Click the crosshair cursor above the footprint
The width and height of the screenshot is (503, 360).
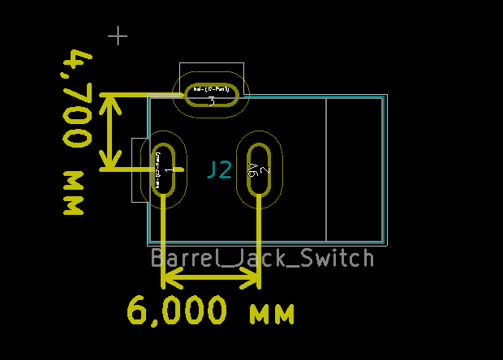(x=118, y=36)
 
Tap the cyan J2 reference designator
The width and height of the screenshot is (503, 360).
(x=219, y=169)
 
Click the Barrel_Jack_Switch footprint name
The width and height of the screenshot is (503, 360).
(x=262, y=259)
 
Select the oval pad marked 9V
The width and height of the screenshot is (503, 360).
(x=260, y=169)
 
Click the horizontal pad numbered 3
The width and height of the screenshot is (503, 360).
(x=211, y=95)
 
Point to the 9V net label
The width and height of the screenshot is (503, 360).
(x=253, y=169)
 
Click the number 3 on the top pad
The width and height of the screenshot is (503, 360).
(x=211, y=102)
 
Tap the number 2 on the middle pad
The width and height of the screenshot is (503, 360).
(x=266, y=170)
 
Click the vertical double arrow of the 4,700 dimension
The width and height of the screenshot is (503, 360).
(x=110, y=132)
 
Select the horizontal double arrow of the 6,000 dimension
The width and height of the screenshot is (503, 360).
(x=211, y=280)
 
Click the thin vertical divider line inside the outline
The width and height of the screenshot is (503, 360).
(x=325, y=169)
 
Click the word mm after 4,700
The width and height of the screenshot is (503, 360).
(x=75, y=193)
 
